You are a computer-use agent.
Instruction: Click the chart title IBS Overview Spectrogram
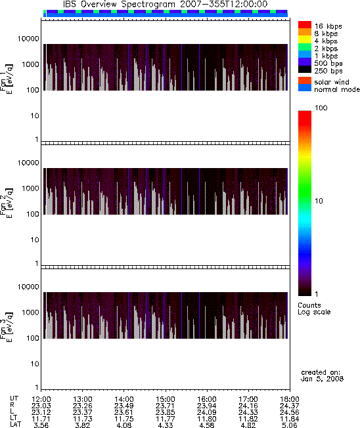[x=119, y=5]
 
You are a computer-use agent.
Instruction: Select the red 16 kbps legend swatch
[x=305, y=25]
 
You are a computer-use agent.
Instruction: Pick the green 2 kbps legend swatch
[x=305, y=47]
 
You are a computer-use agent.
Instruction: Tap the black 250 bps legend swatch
[x=305, y=70]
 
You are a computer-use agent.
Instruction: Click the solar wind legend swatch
[x=305, y=81]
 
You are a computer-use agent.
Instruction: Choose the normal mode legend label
[x=337, y=89]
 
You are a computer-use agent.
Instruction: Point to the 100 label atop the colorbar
[x=321, y=108]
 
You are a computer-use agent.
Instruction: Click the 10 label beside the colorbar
[x=319, y=201]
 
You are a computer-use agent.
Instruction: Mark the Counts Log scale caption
[x=314, y=309]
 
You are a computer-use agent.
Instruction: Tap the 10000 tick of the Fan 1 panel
[x=28, y=39]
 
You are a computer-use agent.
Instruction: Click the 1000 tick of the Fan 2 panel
[x=31, y=188]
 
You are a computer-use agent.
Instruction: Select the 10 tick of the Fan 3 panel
[x=35, y=364]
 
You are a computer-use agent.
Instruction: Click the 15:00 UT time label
[x=166, y=399]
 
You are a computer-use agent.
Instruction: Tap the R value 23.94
[x=207, y=406]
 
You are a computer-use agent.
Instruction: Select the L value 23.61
[x=124, y=412]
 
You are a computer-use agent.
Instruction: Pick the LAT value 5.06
[x=290, y=425]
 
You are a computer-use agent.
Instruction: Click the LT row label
[x=14, y=418]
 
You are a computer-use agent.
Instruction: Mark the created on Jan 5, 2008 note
[x=322, y=375]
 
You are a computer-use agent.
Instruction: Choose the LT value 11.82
[x=248, y=419]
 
